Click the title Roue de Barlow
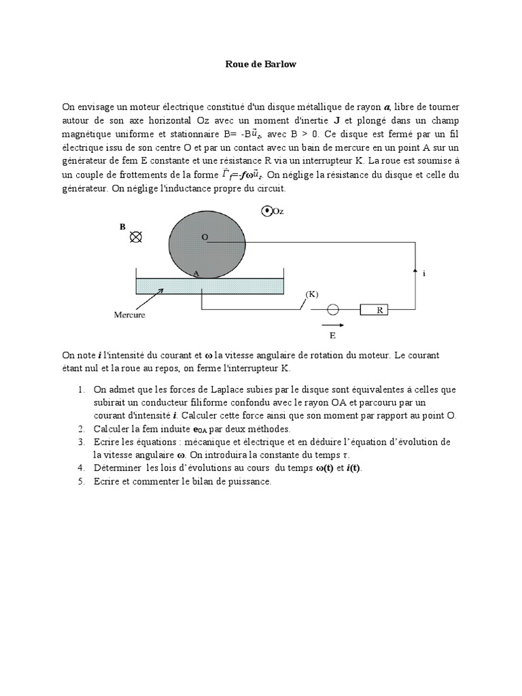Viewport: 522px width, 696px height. click(261, 65)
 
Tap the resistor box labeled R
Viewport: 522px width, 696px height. click(379, 310)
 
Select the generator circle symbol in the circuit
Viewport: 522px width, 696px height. click(334, 310)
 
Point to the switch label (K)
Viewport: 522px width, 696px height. click(311, 294)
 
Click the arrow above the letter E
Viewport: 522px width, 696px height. click(332, 325)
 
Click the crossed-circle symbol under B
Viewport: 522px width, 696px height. click(136, 237)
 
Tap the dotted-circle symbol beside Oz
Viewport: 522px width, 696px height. click(267, 211)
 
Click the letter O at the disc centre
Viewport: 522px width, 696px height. click(204, 237)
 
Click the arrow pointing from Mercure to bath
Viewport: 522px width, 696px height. click(151, 297)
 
